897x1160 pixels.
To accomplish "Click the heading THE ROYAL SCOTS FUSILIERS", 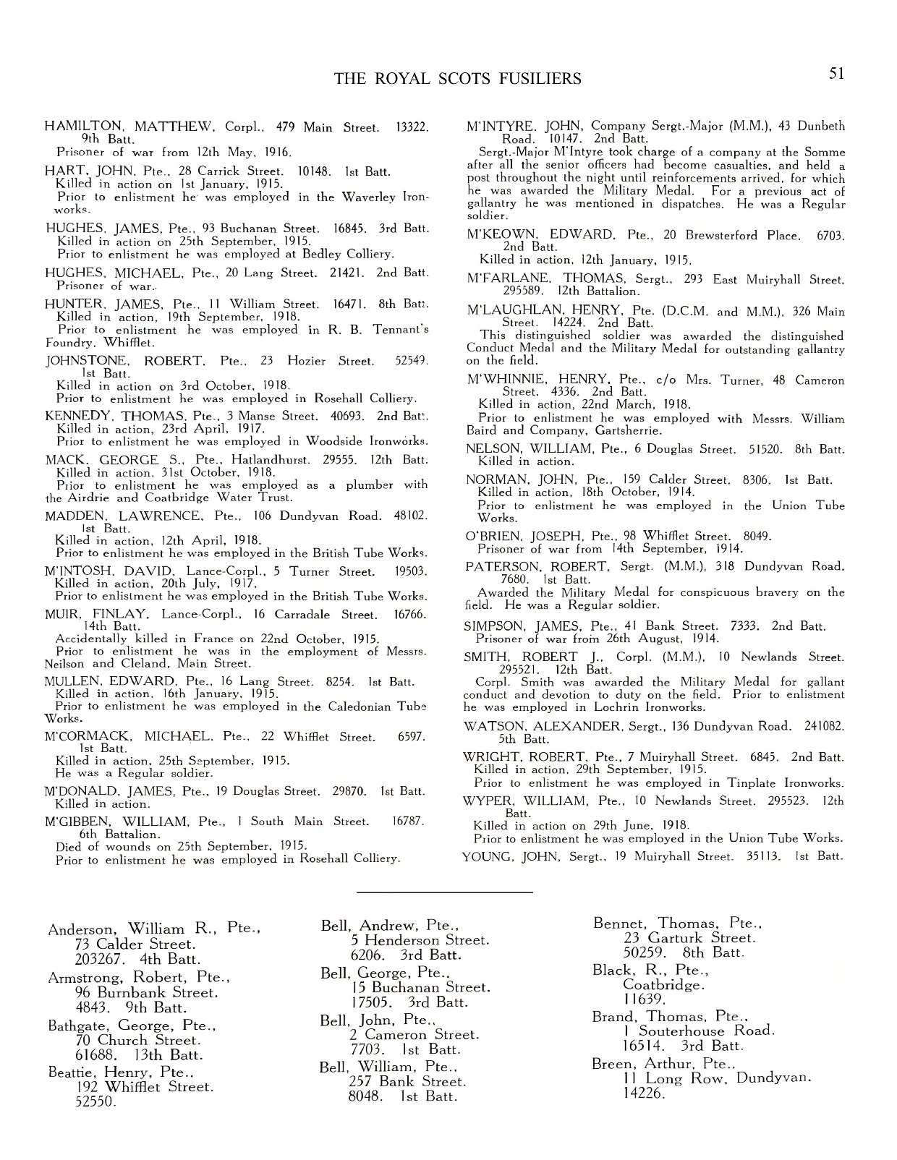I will pos(457,78).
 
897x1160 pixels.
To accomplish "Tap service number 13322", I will pos(412,127).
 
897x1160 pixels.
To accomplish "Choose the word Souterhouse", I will pos(684,1031).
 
